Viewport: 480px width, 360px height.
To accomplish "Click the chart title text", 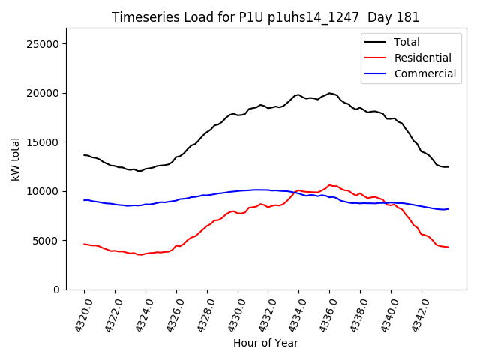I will (265, 17).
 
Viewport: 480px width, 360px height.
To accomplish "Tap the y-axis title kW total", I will (16, 159).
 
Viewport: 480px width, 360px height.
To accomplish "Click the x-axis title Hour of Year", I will (265, 343).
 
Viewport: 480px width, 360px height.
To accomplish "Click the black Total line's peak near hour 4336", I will (329, 93).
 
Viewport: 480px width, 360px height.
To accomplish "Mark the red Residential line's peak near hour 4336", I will (329, 184).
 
